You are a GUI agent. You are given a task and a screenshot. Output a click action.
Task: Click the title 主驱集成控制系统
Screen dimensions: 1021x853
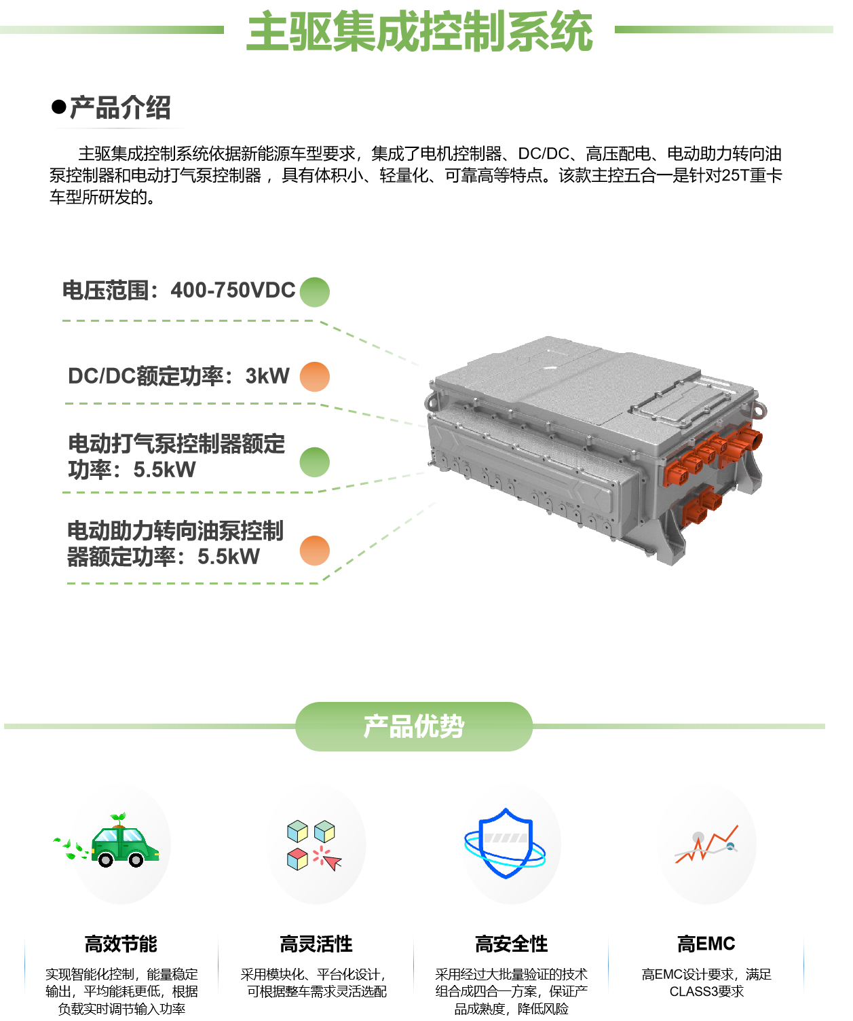coord(419,32)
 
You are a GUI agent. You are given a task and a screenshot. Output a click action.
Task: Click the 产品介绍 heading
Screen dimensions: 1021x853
coord(120,108)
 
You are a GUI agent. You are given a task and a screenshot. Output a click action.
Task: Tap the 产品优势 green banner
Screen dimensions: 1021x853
coord(414,726)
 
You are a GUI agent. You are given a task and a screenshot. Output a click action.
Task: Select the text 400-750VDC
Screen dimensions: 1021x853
coord(233,291)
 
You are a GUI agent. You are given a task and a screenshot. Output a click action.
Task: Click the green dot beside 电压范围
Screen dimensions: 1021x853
coord(314,292)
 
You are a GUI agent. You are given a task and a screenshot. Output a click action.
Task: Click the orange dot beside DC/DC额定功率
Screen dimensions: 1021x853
coord(314,377)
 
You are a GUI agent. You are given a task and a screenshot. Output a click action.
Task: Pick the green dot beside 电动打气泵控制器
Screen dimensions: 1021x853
coord(314,462)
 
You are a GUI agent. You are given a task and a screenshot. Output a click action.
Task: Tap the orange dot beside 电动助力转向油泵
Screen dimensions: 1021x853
coord(314,551)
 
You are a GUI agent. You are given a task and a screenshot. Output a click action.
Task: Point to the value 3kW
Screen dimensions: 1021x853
coord(267,376)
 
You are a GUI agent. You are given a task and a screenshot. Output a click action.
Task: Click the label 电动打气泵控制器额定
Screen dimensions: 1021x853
coord(176,444)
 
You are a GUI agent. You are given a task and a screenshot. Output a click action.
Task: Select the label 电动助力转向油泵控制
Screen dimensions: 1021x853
coord(175,531)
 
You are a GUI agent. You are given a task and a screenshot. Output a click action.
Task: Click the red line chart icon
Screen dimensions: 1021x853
coord(706,845)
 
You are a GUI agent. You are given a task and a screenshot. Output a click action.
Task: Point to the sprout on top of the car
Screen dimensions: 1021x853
coord(119,818)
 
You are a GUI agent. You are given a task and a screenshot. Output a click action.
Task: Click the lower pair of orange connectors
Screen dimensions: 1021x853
coord(702,506)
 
